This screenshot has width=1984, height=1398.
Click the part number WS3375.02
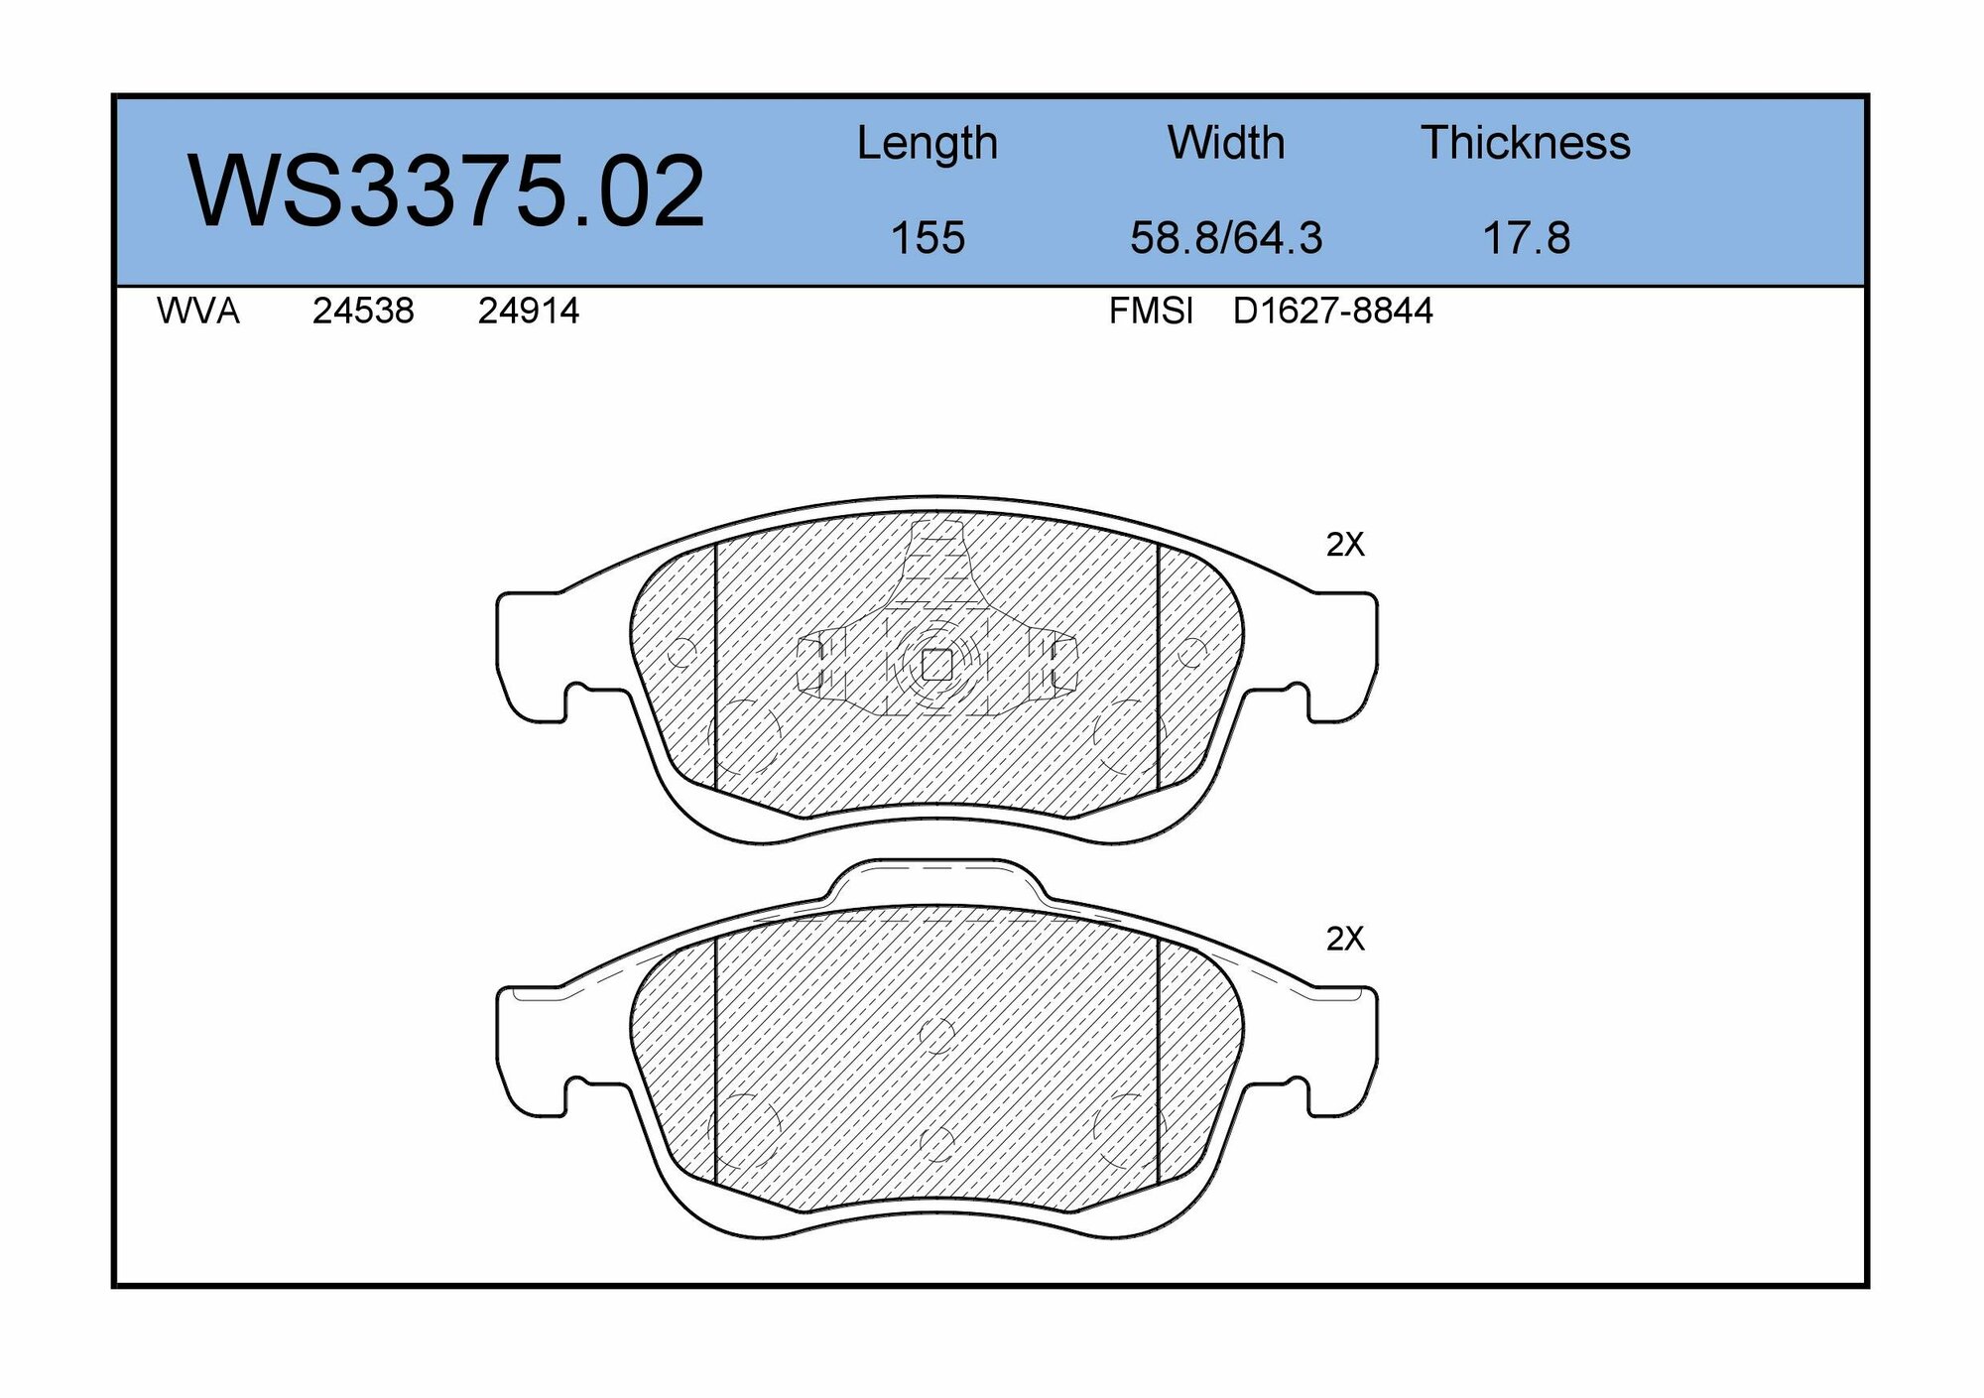(446, 191)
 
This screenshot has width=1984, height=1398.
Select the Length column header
(927, 144)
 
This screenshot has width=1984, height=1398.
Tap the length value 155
(928, 238)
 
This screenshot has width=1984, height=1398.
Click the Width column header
(1226, 143)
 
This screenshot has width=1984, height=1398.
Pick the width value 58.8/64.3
(1226, 238)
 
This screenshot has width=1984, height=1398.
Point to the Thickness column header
(1526, 143)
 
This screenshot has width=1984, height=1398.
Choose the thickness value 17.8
(1526, 238)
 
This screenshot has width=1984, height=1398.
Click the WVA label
(197, 312)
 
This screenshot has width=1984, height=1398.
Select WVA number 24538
(363, 312)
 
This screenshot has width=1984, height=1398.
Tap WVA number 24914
(528, 312)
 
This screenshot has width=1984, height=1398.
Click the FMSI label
(1151, 312)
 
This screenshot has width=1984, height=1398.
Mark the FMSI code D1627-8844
(1332, 312)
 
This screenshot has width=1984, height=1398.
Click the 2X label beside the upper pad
(1345, 544)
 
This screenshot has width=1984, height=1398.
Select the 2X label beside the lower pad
(1345, 939)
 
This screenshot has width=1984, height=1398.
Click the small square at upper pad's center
(936, 664)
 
